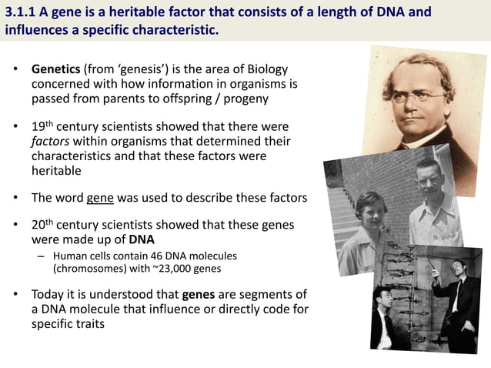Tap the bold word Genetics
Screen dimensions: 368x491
(56, 69)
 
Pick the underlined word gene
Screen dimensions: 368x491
(100, 198)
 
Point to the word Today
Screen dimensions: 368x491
(48, 295)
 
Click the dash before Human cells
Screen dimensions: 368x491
(41, 256)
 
